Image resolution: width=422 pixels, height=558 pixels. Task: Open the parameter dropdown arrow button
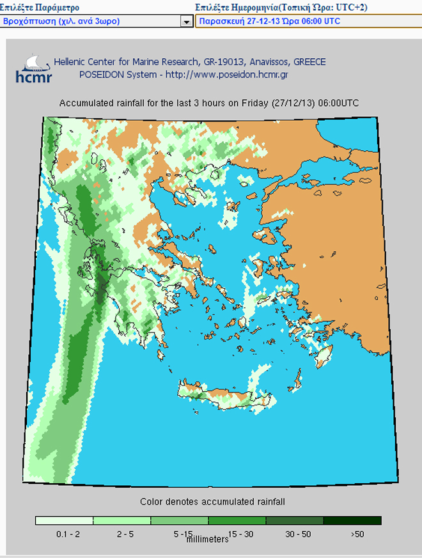[187, 22]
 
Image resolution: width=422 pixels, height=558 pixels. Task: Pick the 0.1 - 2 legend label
[63, 532]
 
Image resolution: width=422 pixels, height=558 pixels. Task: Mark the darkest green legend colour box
[352, 520]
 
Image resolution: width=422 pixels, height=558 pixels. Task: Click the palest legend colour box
[64, 520]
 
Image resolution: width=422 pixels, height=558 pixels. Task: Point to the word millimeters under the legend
[207, 539]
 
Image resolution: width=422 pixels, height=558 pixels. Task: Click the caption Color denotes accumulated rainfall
[212, 502]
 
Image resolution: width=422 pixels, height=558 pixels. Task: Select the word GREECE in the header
[310, 62]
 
